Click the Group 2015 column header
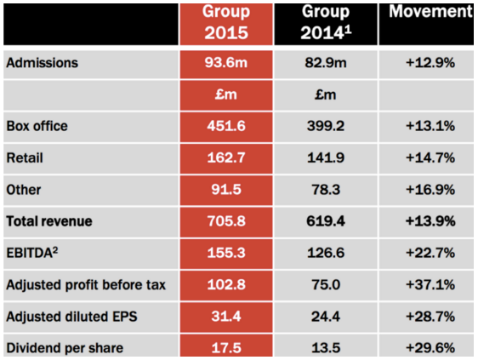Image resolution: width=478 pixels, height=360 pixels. pyautogui.click(x=226, y=22)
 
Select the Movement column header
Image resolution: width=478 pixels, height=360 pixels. pyautogui.click(x=430, y=12)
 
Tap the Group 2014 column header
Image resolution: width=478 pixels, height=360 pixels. pyautogui.click(x=326, y=22)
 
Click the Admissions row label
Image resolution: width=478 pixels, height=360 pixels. pyautogui.click(x=42, y=63)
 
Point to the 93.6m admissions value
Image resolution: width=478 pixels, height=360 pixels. pyautogui.click(x=226, y=62)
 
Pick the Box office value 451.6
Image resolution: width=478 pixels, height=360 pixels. pyautogui.click(x=226, y=126)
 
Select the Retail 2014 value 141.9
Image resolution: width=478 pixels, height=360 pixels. pyautogui.click(x=326, y=157)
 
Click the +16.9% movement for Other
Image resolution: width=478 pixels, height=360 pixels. pyautogui.click(x=430, y=190)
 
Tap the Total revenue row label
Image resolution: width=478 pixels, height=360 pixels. pyautogui.click(x=49, y=221)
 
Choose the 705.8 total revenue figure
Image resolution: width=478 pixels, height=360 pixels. pyautogui.click(x=226, y=221)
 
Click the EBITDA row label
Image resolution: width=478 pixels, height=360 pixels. pyautogui.click(x=32, y=253)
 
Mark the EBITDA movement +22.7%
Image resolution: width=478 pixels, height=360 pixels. pyautogui.click(x=430, y=253)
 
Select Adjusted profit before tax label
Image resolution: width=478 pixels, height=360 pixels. pyautogui.click(x=86, y=285)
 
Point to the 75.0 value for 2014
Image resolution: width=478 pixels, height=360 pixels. pyautogui.click(x=326, y=284)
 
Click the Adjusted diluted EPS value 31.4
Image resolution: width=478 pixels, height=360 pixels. pyautogui.click(x=226, y=317)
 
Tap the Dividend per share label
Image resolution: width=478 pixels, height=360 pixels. pyautogui.click(x=65, y=348)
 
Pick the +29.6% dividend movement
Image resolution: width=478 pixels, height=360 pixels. pyautogui.click(x=430, y=348)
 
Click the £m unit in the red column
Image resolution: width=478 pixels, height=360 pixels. pyautogui.click(x=226, y=94)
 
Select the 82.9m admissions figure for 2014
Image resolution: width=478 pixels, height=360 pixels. pyautogui.click(x=326, y=62)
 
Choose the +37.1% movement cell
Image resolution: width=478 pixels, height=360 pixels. pyautogui.click(x=430, y=284)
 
